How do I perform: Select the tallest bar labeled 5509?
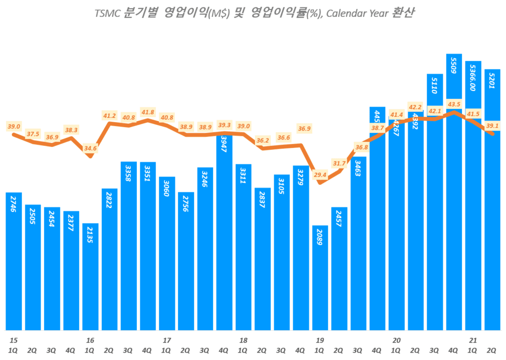click(454, 198)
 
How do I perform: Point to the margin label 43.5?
click(454, 104)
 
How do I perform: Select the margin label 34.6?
click(90, 148)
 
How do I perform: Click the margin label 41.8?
click(147, 112)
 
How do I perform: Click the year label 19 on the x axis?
click(320, 340)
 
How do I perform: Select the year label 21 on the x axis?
click(473, 340)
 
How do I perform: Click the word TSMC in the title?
click(107, 13)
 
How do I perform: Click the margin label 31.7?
click(339, 163)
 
